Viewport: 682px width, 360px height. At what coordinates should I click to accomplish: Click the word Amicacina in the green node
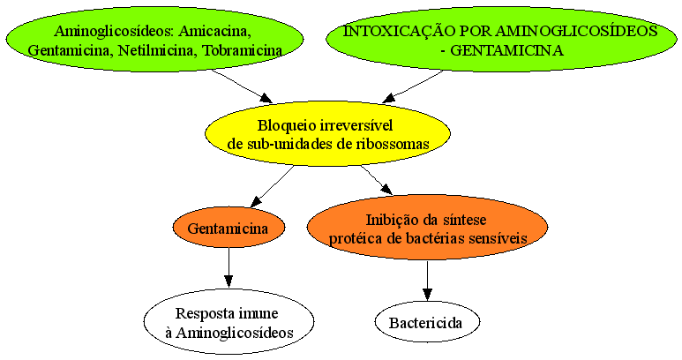tap(215, 31)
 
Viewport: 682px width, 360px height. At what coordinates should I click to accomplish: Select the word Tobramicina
tap(243, 50)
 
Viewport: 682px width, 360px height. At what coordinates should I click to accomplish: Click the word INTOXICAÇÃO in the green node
tap(399, 31)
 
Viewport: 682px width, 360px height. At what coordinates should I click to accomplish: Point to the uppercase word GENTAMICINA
tap(506, 50)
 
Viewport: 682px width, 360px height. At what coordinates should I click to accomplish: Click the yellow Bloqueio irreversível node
tap(327, 134)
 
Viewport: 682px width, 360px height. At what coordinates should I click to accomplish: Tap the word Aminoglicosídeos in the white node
tap(235, 333)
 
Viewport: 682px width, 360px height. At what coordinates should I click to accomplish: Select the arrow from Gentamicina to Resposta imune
tap(229, 268)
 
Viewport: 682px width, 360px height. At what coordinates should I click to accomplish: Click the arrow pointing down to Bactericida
tap(427, 281)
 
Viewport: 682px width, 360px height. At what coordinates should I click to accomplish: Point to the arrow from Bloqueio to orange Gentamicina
tap(272, 186)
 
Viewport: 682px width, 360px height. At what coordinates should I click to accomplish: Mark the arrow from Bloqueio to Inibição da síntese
tap(377, 180)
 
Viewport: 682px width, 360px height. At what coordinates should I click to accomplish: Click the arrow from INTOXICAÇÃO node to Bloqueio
tap(412, 87)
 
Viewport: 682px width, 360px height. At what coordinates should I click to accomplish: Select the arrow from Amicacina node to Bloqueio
tap(243, 86)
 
